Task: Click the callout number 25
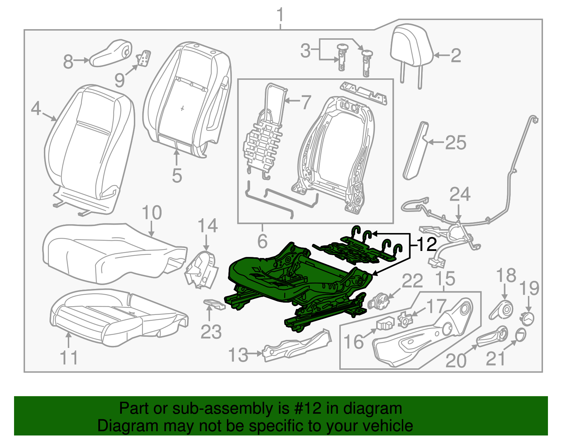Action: [x=456, y=143]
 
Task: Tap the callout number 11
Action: [x=68, y=357]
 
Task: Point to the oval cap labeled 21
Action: [x=521, y=334]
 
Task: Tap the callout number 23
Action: [x=211, y=332]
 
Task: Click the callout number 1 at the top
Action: [x=280, y=16]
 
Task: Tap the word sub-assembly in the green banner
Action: [x=222, y=409]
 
